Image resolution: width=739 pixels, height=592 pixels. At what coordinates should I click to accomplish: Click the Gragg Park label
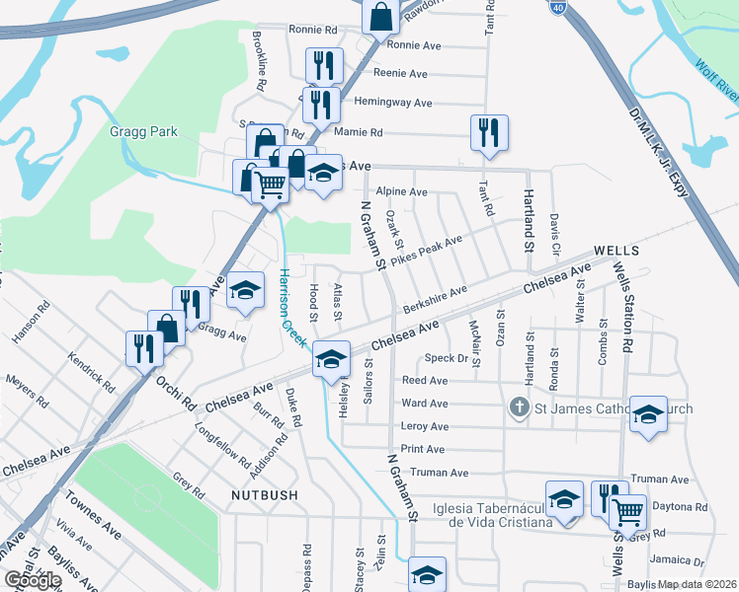coord(137,130)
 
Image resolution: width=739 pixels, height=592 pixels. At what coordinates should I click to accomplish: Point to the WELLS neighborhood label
coord(618,252)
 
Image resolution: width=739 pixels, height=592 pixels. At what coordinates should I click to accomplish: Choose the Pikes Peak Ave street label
coord(426,251)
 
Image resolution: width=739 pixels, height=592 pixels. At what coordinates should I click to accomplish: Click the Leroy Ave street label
coord(425,426)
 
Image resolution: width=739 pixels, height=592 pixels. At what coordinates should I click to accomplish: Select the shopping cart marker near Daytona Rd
coord(628,511)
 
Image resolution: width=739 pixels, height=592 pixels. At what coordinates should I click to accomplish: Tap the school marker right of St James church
coord(648,413)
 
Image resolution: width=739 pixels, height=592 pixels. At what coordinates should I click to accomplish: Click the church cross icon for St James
coord(517,407)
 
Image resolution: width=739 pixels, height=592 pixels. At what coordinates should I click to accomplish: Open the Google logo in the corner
coord(33,580)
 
